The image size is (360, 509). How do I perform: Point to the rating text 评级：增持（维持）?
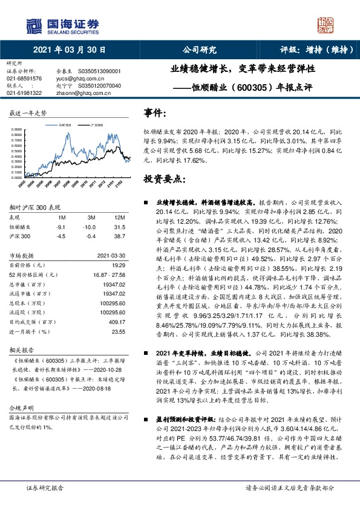pyautogui.click(x=309, y=50)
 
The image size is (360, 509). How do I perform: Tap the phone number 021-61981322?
pyautogui.click(x=24, y=93)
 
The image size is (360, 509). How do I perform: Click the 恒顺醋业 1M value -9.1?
pyautogui.click(x=61, y=227)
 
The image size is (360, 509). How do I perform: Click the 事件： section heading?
pyautogui.click(x=155, y=114)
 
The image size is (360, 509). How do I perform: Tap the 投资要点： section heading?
pyautogui.click(x=164, y=180)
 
